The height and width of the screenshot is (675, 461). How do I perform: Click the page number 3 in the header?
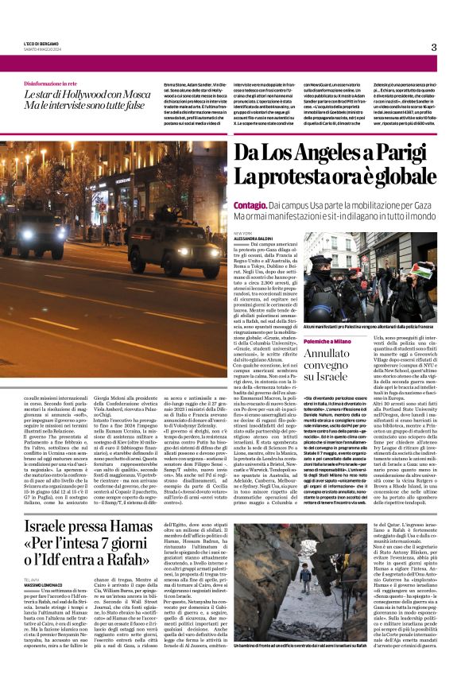(x=433, y=47)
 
